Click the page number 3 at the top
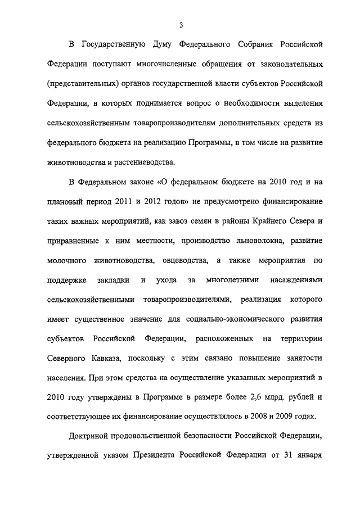181,25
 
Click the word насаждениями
296,280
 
